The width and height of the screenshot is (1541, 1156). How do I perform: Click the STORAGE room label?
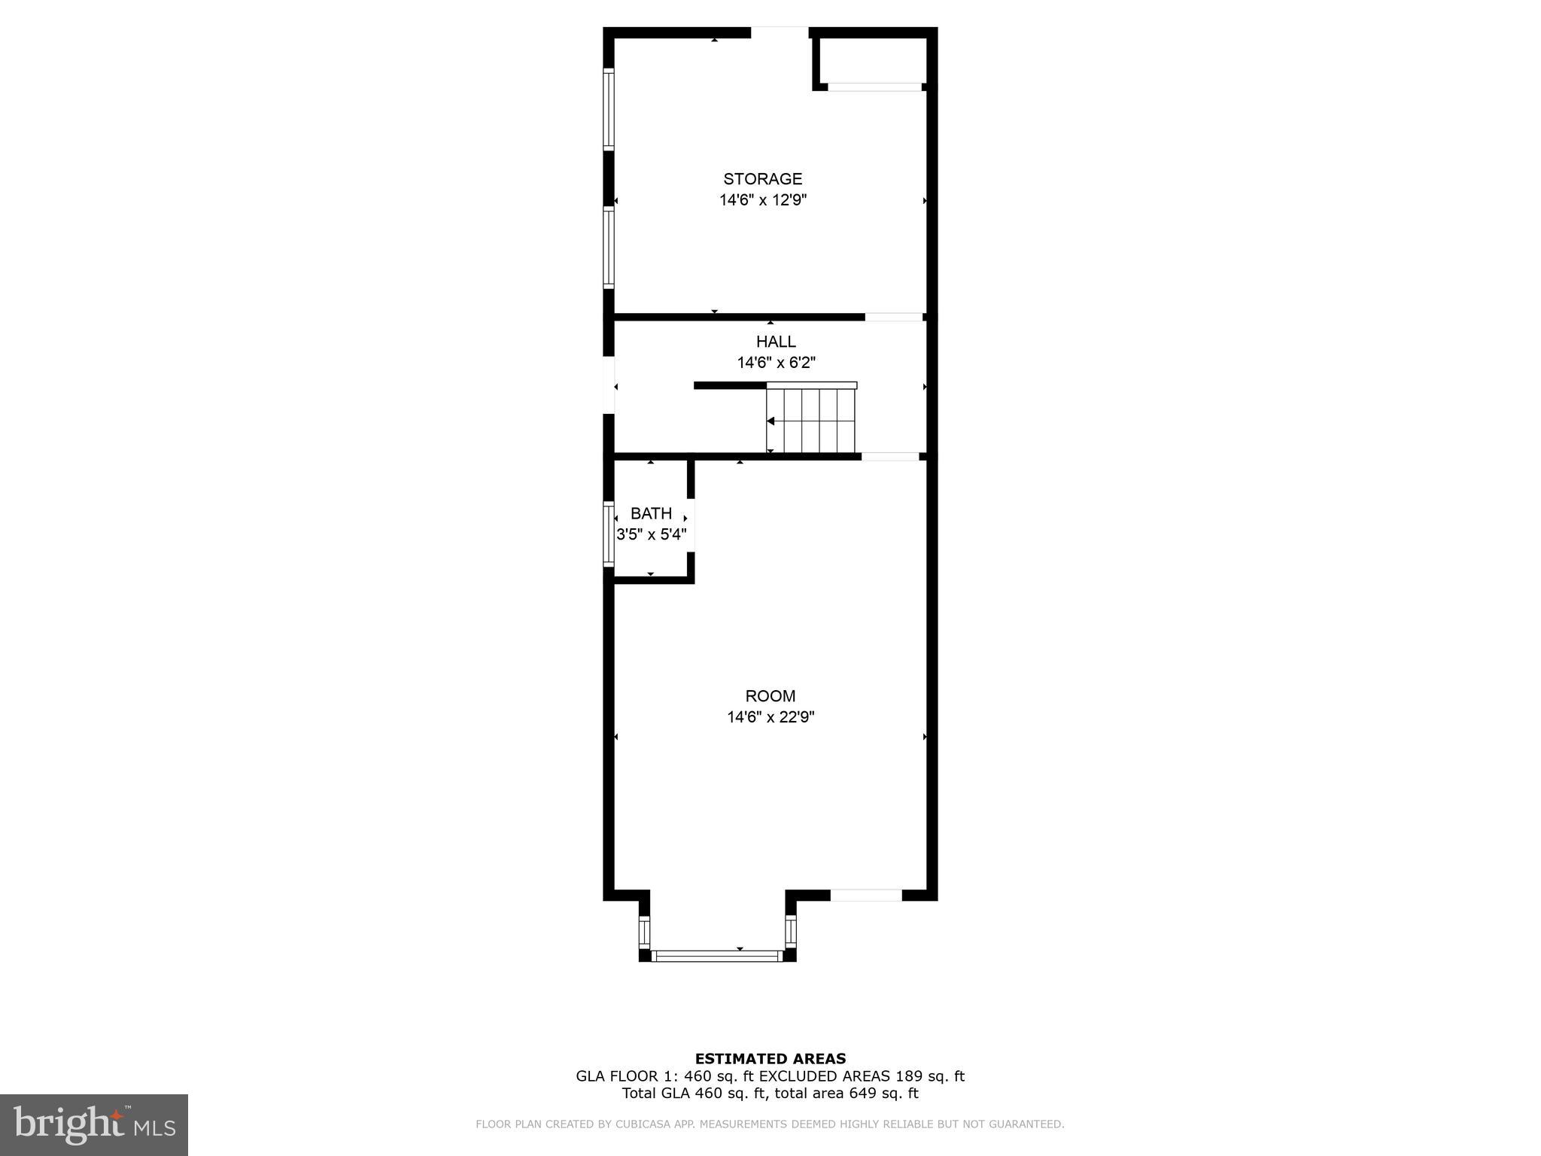(x=762, y=179)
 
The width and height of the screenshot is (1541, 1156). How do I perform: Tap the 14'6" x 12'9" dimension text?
(x=762, y=200)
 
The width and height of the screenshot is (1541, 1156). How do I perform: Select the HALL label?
(x=776, y=342)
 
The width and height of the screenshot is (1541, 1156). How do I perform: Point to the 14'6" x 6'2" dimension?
(x=776, y=363)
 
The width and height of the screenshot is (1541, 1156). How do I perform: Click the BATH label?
(x=651, y=513)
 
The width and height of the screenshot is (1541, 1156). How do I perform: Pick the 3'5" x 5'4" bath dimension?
(x=651, y=534)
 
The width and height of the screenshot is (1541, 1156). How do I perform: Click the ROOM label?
(x=770, y=696)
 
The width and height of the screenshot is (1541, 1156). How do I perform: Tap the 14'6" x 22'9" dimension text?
(x=770, y=717)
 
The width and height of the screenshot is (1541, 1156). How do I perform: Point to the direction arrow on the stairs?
(x=770, y=421)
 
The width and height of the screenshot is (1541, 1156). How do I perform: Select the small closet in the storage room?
(x=871, y=60)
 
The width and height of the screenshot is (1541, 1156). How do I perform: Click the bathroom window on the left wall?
(x=609, y=534)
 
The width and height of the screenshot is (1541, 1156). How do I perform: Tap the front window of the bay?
(x=717, y=956)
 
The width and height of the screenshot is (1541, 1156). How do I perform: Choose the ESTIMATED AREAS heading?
(x=770, y=1059)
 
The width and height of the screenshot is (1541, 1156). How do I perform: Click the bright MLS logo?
(x=94, y=1124)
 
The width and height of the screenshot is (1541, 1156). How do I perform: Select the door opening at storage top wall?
(x=780, y=32)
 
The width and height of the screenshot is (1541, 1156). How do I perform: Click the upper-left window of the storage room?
(x=609, y=109)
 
